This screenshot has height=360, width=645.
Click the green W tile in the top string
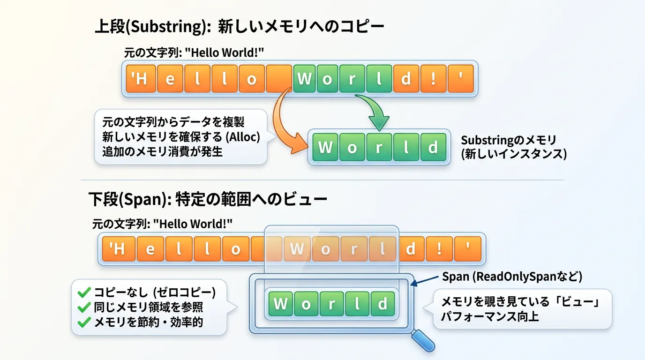click(x=304, y=78)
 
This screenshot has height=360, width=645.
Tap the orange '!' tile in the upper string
click(x=433, y=78)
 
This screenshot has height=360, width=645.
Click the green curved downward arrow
click(x=375, y=111)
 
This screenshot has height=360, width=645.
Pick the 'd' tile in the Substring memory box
click(x=433, y=147)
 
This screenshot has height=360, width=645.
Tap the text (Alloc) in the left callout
click(x=243, y=137)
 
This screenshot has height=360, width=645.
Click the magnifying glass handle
click(x=423, y=341)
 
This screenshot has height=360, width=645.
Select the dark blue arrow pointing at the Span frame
click(x=424, y=281)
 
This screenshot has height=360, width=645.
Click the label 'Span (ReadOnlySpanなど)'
click(x=512, y=277)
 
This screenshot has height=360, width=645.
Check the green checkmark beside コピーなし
click(x=84, y=292)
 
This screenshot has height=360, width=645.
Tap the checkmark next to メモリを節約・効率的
click(x=84, y=322)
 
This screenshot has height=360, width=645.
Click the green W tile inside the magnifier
click(x=280, y=304)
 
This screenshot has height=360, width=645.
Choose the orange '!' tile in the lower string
click(x=439, y=249)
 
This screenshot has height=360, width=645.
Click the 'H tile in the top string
click(x=141, y=78)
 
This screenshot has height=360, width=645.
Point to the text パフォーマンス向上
click(x=490, y=316)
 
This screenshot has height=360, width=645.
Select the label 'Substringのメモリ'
click(x=509, y=140)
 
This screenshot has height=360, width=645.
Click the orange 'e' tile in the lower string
click(x=150, y=249)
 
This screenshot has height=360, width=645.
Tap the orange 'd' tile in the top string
click(x=406, y=78)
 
